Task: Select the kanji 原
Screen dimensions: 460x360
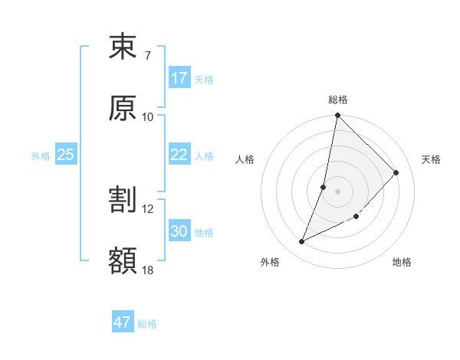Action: pos(123,108)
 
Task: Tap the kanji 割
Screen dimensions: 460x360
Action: pos(123,199)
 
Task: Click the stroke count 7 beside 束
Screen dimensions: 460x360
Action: pos(147,55)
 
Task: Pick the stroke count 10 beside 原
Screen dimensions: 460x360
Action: pos(148,116)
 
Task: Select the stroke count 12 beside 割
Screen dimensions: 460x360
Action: pos(148,208)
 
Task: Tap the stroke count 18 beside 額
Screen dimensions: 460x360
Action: pos(148,270)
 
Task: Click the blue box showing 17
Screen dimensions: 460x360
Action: pos(179,78)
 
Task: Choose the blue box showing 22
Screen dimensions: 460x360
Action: pos(179,155)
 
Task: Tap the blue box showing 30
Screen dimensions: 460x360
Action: pos(179,231)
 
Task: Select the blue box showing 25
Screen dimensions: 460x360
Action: pos(66,155)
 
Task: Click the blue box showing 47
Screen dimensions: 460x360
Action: pos(123,322)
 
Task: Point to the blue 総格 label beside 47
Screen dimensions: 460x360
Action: pos(147,324)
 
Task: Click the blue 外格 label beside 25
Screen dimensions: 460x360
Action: pos(41,156)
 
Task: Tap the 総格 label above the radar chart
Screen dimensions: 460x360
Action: pos(338,100)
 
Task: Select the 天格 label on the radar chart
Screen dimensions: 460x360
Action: pos(432,159)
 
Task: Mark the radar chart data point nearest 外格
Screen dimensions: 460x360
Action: pos(302,242)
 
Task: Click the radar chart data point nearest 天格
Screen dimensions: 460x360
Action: pos(396,172)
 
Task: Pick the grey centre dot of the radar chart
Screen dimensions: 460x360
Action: pos(338,191)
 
